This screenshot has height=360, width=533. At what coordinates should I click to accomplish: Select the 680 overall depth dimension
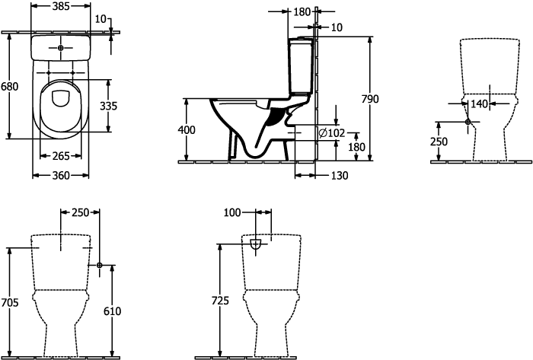pyautogui.click(x=9, y=87)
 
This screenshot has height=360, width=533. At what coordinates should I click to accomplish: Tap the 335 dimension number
pyautogui.click(x=109, y=106)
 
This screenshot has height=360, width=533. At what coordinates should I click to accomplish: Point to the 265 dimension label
pyautogui.click(x=61, y=156)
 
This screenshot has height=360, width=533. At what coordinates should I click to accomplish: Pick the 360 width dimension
pyautogui.click(x=61, y=176)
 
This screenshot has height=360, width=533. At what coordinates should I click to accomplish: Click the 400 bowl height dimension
pyautogui.click(x=186, y=130)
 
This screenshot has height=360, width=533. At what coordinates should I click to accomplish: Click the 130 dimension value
pyautogui.click(x=340, y=176)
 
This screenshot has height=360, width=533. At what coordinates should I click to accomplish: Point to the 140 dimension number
pyautogui.click(x=478, y=104)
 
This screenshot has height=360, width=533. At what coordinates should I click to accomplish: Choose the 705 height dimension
pyautogui.click(x=8, y=302)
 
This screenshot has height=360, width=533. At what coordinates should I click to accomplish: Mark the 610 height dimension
pyautogui.click(x=112, y=311)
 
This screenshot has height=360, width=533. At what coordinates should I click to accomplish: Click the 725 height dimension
pyautogui.click(x=220, y=301)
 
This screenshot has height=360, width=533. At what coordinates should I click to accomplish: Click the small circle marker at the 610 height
pyautogui.click(x=100, y=264)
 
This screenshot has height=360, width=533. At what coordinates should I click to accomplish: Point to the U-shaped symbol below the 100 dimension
pyautogui.click(x=257, y=244)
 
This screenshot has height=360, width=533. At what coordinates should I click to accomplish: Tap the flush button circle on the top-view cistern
pyautogui.click(x=61, y=47)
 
